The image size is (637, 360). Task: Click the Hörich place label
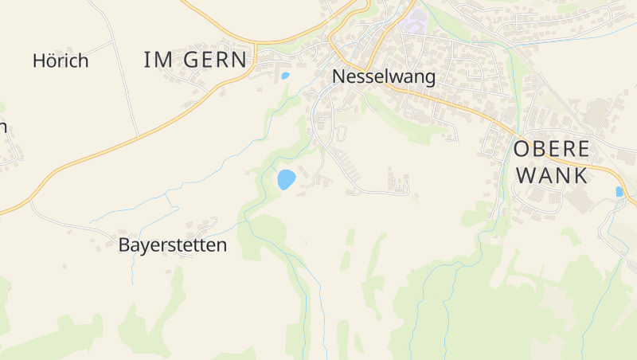point(61,61)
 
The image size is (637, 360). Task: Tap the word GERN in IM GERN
point(215,59)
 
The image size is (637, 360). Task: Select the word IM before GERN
point(158,59)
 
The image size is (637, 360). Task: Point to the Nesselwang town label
point(384,77)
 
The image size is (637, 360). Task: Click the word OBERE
point(552,149)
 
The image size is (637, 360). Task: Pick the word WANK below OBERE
point(552,175)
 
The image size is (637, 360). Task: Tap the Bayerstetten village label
point(172,245)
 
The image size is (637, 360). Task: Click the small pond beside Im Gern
point(285,76)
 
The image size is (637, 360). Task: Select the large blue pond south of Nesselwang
point(285,179)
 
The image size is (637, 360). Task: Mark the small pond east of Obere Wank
point(619,191)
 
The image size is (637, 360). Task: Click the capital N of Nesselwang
point(338,77)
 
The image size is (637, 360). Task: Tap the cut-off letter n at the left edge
point(3,127)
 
